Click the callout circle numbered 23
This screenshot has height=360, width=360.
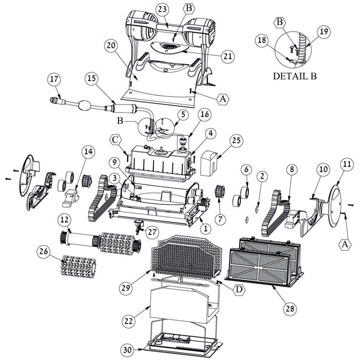pyautogui.click(x=163, y=9)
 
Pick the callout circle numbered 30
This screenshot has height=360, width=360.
pyautogui.click(x=128, y=350)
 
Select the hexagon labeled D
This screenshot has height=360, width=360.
pyautogui.click(x=239, y=290)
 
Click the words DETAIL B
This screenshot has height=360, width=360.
pyautogui.click(x=295, y=76)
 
